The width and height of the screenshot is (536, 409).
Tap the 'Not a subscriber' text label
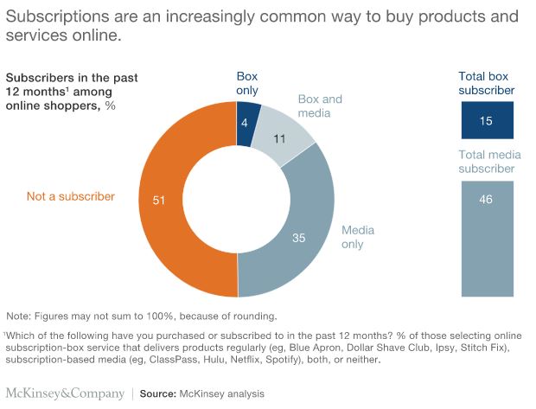[x=70, y=197]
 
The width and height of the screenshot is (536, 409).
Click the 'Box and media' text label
[x=320, y=106]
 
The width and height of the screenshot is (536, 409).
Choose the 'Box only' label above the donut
[x=247, y=83]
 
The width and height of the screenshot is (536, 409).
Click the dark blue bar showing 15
[x=486, y=120]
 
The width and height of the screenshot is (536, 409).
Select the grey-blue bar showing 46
[x=486, y=238]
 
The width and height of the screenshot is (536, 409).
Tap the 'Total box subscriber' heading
[x=486, y=83]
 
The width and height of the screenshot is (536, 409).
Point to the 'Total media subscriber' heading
[x=486, y=163]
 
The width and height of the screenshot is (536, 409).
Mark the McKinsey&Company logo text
[x=63, y=393]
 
